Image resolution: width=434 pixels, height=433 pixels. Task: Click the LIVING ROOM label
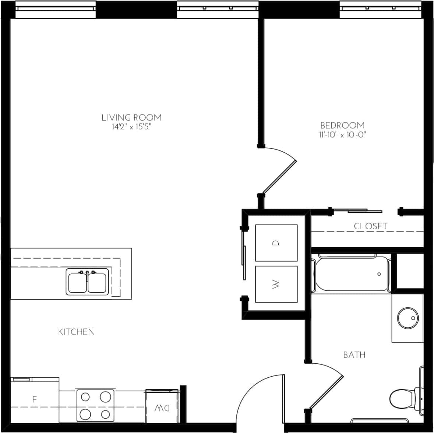click(131, 118)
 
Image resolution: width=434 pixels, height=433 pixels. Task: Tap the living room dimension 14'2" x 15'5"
click(131, 127)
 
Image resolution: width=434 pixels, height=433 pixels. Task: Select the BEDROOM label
click(342, 125)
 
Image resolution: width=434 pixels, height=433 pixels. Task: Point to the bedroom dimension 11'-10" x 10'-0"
click(342, 135)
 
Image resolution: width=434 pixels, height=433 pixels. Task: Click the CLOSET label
click(370, 226)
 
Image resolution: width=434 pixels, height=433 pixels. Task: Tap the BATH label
click(354, 355)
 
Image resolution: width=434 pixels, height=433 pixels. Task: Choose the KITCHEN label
click(77, 332)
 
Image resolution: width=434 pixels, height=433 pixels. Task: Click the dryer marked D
click(276, 243)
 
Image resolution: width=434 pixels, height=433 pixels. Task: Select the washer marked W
click(276, 284)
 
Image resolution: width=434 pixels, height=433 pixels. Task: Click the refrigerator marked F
click(35, 399)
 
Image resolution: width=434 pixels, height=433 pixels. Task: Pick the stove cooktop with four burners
click(95, 405)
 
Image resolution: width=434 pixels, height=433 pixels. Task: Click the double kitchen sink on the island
click(88, 282)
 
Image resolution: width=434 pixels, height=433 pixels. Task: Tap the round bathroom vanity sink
click(407, 318)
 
